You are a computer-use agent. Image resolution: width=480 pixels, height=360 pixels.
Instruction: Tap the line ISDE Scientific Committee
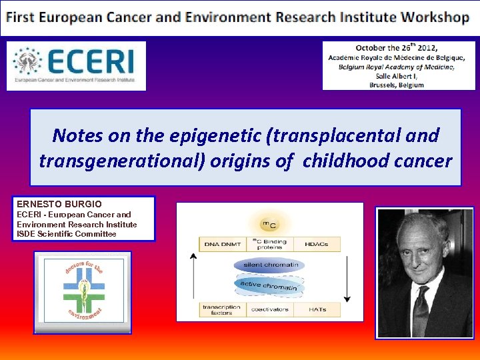(x=67, y=234)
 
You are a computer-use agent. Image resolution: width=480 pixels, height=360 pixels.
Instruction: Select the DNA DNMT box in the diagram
(x=223, y=244)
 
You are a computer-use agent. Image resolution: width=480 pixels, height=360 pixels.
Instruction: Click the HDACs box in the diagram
(x=316, y=244)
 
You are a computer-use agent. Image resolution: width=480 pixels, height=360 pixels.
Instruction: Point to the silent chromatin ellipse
(x=269, y=265)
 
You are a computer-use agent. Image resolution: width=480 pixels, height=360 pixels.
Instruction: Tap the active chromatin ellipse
(x=269, y=286)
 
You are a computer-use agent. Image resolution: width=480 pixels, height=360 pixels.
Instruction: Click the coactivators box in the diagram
(x=269, y=309)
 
